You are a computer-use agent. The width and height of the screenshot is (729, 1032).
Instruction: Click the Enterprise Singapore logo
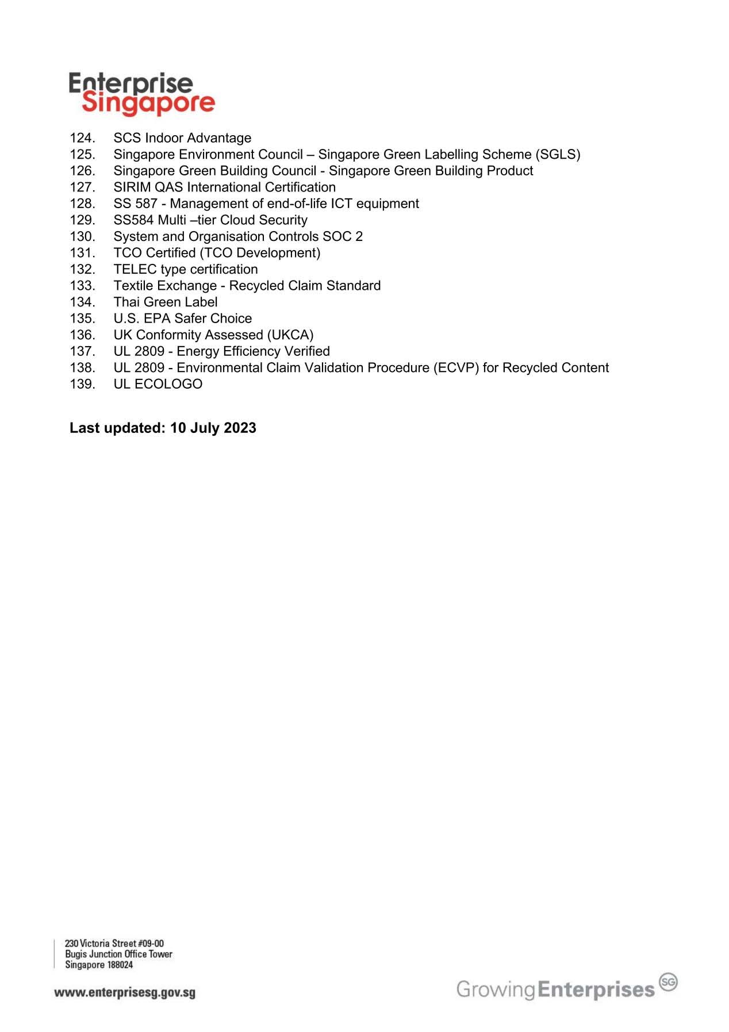(141, 94)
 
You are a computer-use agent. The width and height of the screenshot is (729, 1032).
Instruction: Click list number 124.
(82, 138)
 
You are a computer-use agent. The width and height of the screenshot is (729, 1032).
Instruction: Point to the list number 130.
(82, 237)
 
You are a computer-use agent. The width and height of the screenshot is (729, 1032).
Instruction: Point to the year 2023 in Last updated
(240, 428)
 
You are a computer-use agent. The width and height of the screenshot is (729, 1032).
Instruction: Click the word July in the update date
(204, 428)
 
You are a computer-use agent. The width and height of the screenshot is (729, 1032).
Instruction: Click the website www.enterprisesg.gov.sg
(125, 993)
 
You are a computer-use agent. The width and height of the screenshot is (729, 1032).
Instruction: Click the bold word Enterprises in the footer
(597, 989)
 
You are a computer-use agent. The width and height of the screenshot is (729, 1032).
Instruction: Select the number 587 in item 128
(146, 204)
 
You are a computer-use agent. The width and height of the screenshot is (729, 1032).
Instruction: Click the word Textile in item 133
(133, 286)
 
